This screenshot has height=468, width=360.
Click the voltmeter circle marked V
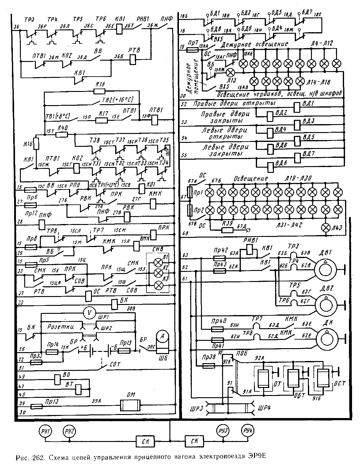click(89, 313)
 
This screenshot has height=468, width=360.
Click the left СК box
click(145, 442)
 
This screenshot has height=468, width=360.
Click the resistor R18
click(99, 91)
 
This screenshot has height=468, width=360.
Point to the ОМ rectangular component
click(130, 405)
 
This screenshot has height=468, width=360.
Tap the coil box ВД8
click(270, 166)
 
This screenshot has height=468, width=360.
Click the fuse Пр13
click(37, 406)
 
